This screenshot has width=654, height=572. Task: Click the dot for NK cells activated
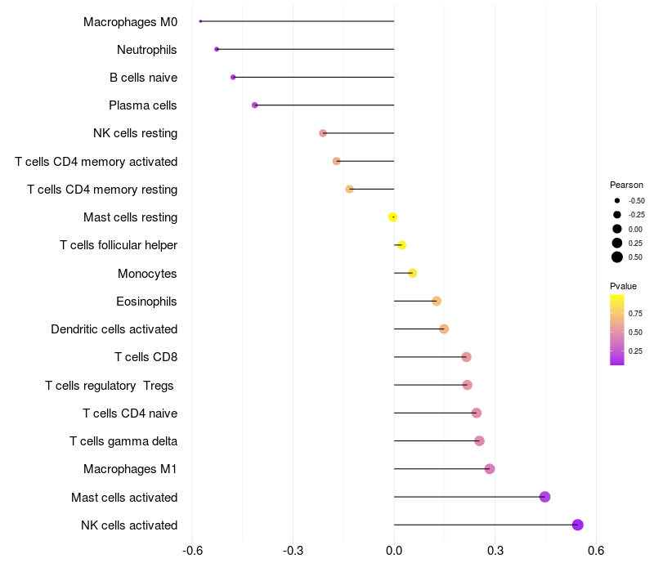coord(578,525)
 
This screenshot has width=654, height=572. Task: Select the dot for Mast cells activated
coord(545,497)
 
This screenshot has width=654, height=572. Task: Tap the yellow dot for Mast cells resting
coord(393,217)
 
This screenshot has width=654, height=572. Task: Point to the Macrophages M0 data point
coord(200,21)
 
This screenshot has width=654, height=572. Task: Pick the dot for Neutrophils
coord(217,49)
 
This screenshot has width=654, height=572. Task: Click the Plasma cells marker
coord(255,105)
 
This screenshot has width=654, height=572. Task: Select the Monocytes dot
coord(413,273)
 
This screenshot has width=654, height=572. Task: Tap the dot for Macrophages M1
coord(490,469)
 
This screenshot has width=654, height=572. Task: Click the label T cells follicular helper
coord(119,245)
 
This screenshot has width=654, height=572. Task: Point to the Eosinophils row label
coord(147,302)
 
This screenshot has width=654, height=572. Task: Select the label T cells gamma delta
coord(123,441)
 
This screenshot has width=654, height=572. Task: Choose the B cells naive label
coord(143,78)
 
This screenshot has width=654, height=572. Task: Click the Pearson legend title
coord(626,185)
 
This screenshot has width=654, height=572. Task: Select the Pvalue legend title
coord(623,286)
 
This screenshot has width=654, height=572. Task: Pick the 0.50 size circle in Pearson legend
coord(617,257)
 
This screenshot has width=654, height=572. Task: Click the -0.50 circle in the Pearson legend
coord(617,200)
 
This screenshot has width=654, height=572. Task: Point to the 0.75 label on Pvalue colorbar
coord(636,314)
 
